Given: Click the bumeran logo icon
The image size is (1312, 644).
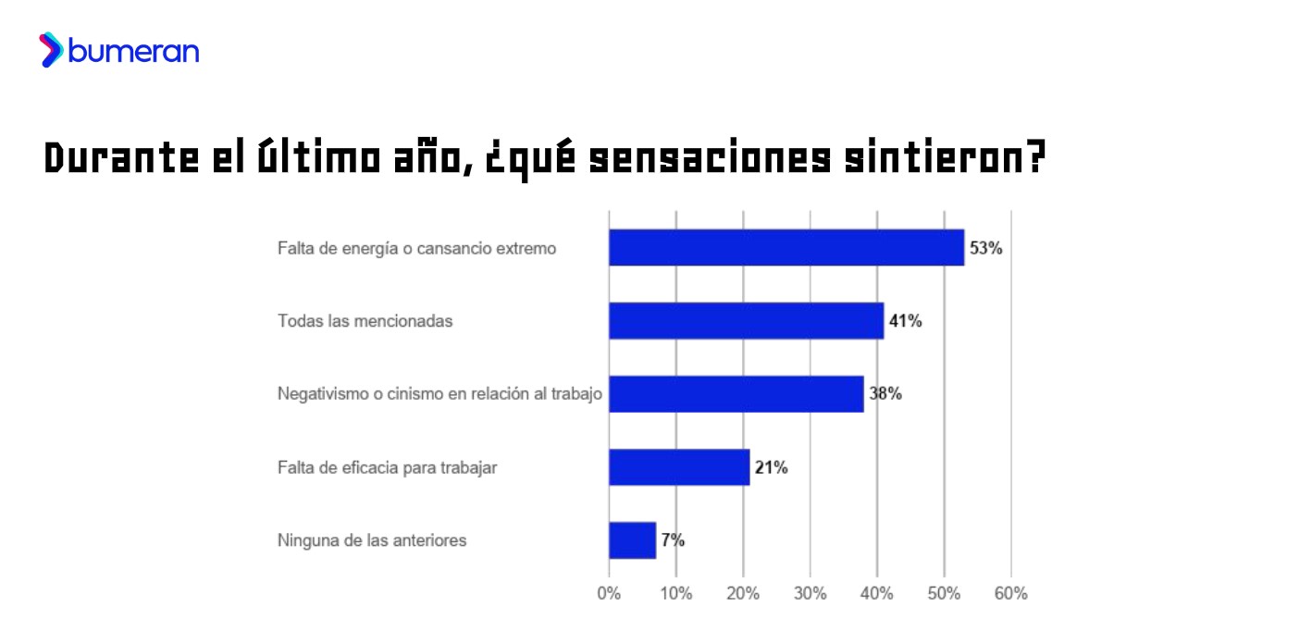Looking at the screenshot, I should click(51, 50).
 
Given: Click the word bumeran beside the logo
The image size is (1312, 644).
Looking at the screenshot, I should click(133, 52).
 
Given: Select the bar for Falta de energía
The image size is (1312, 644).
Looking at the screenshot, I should click(786, 248).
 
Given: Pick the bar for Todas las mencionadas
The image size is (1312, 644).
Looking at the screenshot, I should click(746, 321).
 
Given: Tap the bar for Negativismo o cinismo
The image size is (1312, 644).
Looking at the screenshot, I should click(736, 394).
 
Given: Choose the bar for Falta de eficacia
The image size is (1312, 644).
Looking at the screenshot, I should click(678, 467).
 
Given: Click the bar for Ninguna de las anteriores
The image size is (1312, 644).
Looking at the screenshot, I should click(632, 540).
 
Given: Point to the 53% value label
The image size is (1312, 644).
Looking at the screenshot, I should click(985, 248).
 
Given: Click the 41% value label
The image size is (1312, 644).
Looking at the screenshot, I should click(905, 321).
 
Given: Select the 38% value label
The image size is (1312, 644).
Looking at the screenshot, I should click(885, 394).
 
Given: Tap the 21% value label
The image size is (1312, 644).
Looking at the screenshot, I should click(771, 467).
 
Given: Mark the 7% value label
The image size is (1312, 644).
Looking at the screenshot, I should click(673, 540).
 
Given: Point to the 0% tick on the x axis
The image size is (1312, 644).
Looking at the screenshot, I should click(609, 594).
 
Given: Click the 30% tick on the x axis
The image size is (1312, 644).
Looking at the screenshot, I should click(810, 594).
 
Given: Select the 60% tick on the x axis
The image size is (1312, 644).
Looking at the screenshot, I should click(1010, 594).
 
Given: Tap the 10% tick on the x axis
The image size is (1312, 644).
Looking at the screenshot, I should click(675, 594).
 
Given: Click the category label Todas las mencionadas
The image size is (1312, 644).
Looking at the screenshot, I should click(365, 321).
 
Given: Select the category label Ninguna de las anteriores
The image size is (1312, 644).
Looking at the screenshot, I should click(372, 540).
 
